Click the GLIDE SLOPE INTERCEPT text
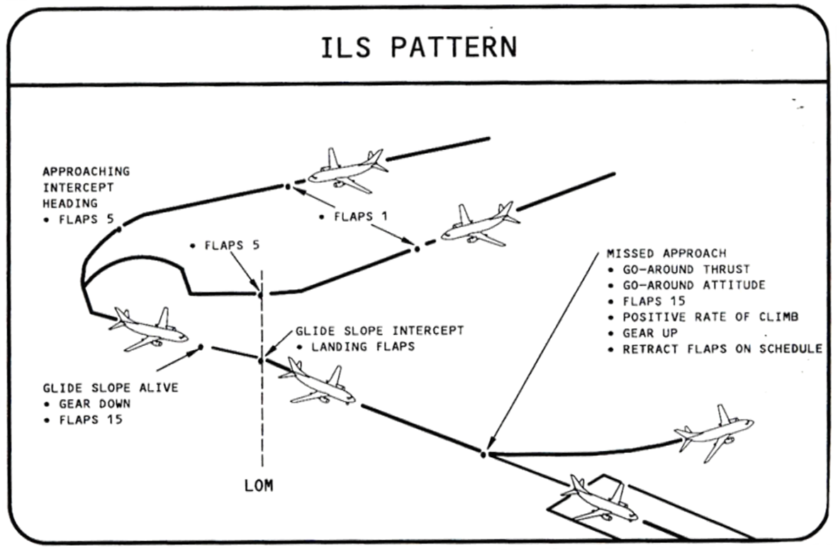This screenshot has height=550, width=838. (x=379, y=331)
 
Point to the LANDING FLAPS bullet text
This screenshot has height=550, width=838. (x=354, y=347)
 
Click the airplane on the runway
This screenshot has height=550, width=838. (x=598, y=500)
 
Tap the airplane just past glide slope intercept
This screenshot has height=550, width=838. (x=318, y=384)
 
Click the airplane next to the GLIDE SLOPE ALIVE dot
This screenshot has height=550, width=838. (x=148, y=329)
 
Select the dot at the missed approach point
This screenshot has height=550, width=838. (x=484, y=454)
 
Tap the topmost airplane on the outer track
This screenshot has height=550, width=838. (x=348, y=170)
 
